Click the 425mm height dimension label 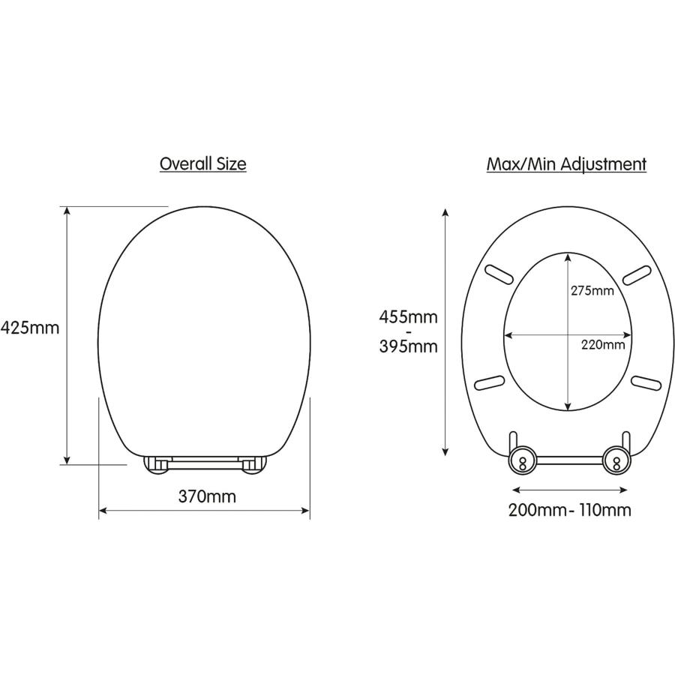pos(30,328)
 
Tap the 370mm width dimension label pos(207,496)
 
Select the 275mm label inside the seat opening pos(592,290)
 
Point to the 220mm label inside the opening pos(603,344)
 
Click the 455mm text pos(408,317)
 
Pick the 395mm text pos(408,346)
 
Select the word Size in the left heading pos(231,164)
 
